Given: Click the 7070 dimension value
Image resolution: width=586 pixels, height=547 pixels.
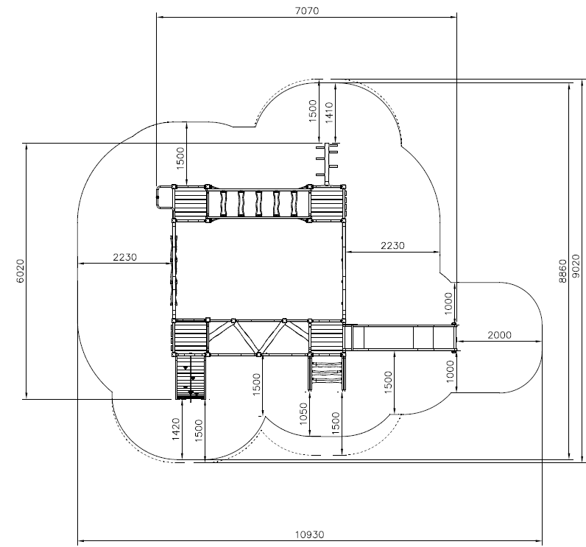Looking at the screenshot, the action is pos(307,10).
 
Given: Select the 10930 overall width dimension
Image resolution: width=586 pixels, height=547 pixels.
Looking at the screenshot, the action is pos(310,534).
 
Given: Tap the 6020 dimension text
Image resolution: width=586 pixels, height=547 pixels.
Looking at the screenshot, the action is pos(20,271).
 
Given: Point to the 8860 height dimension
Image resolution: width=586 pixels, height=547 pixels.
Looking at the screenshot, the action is pos(562,271).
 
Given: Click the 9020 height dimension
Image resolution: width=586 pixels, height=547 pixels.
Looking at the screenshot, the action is pos(576,266).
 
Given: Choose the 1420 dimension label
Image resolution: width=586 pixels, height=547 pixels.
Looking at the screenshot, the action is pos(176,429).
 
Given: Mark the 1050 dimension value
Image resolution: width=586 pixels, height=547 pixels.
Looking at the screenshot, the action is pos(303,413).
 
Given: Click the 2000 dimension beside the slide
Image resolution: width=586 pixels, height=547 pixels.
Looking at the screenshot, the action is pos(499,335).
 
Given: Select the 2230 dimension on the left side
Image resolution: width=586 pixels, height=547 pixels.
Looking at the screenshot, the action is pos(125,257).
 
